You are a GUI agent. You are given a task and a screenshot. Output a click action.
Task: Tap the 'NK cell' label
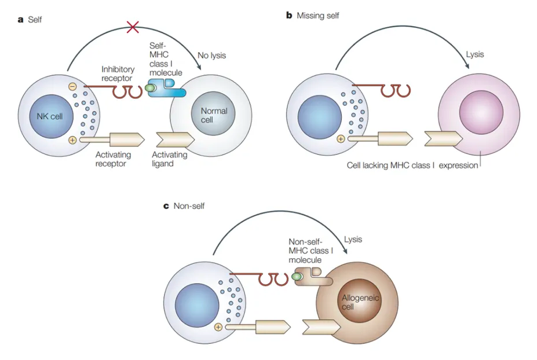pyautogui.click(x=47, y=116)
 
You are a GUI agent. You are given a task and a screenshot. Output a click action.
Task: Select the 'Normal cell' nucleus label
pyautogui.click(x=214, y=115)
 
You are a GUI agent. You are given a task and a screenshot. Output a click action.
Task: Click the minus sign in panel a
pyautogui.click(x=72, y=87)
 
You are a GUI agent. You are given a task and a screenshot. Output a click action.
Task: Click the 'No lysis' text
pyautogui.click(x=211, y=56)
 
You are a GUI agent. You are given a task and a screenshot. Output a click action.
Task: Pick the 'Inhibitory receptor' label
pyautogui.click(x=118, y=74)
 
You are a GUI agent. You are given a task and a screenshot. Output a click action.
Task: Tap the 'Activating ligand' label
pyautogui.click(x=170, y=159)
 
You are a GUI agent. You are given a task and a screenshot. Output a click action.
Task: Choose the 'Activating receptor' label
pyautogui.click(x=114, y=159)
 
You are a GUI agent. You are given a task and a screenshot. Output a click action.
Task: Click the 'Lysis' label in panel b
pyautogui.click(x=474, y=54)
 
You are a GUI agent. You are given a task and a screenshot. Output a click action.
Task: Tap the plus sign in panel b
pyautogui.click(x=341, y=139)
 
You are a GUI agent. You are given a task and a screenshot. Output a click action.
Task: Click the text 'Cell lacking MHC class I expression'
pyautogui.click(x=412, y=166)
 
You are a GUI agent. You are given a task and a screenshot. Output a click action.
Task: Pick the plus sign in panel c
pyautogui.click(x=218, y=327)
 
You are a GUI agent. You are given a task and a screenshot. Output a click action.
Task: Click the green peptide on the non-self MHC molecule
pyautogui.click(x=297, y=277)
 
